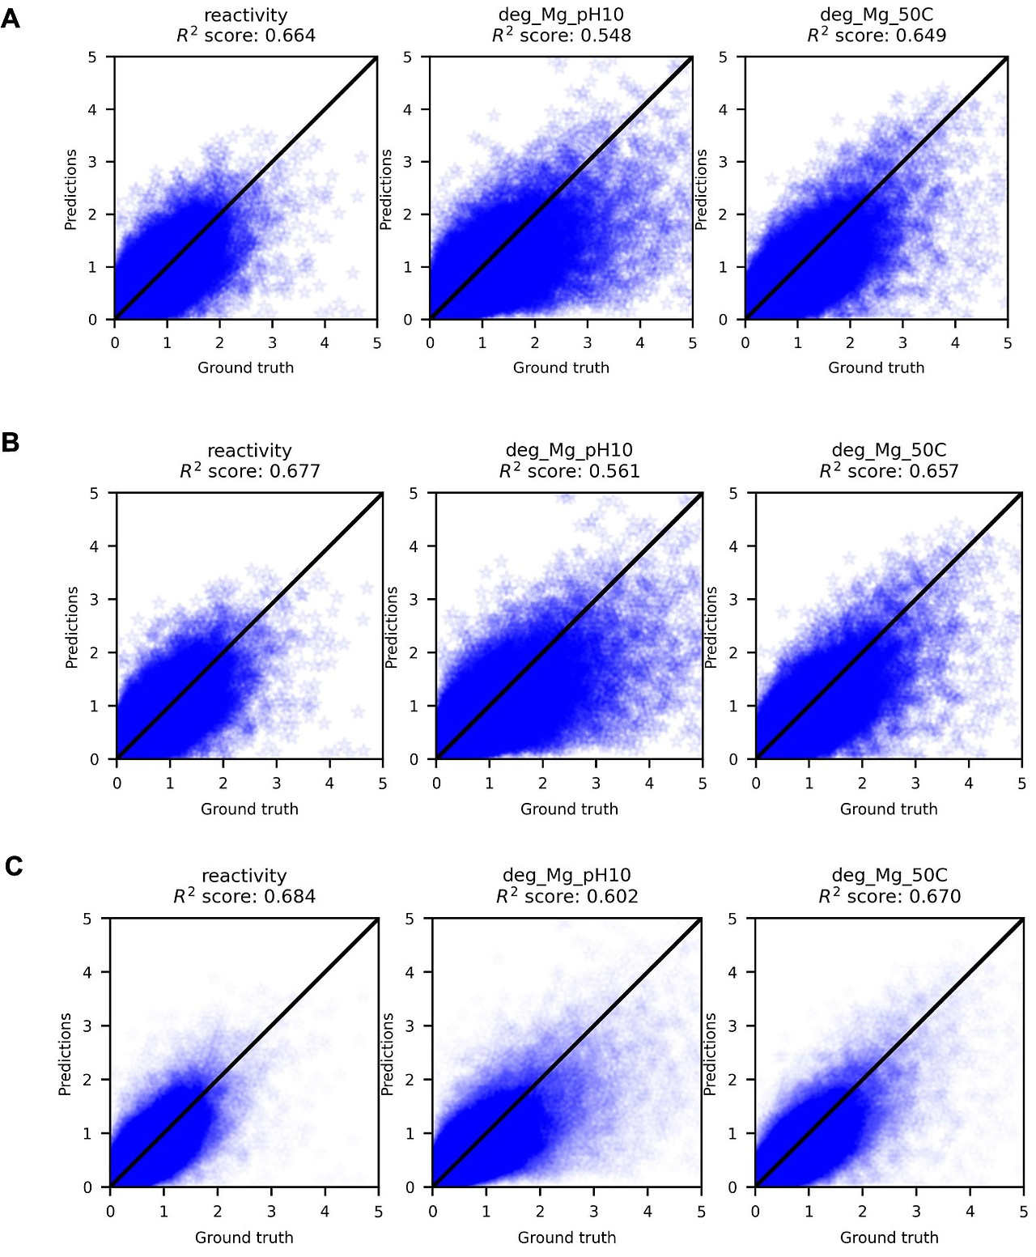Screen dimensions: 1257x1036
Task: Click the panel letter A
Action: point(11,18)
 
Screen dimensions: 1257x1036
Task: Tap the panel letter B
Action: point(11,442)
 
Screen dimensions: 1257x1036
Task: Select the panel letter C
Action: point(13,866)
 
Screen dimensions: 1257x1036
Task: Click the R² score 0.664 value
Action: point(290,36)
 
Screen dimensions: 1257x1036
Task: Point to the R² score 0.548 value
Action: point(605,36)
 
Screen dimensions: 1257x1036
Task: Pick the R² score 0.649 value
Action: point(921,36)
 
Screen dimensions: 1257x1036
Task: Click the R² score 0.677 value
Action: point(295,471)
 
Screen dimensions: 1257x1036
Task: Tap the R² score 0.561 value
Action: point(614,471)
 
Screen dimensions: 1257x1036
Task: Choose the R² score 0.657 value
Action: point(933,471)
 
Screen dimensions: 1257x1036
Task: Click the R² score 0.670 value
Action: point(935,897)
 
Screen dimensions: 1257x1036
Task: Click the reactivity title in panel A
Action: point(246,15)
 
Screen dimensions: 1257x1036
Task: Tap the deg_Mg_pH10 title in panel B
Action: point(569,450)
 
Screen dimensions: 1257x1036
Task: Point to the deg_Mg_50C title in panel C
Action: point(890,875)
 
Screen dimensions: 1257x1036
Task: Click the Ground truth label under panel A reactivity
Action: point(246,367)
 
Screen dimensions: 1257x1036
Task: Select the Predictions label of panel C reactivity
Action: point(66,1054)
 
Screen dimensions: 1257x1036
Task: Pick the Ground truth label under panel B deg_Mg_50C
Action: point(889,809)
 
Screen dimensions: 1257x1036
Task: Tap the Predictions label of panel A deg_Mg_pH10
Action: point(386,189)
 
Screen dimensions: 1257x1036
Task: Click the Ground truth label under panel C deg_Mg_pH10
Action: point(567,1237)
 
